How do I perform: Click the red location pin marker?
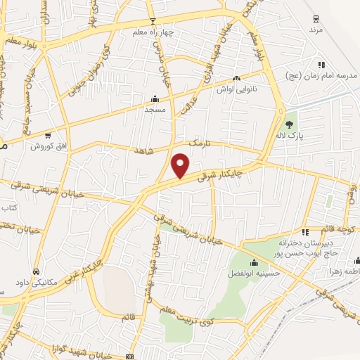tap(181, 165)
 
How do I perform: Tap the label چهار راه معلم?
tap(153, 32)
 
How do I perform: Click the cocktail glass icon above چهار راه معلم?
tap(153, 21)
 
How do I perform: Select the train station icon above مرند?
tap(316, 19)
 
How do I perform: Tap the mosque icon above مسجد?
tap(155, 98)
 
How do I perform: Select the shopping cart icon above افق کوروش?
tap(48, 134)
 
